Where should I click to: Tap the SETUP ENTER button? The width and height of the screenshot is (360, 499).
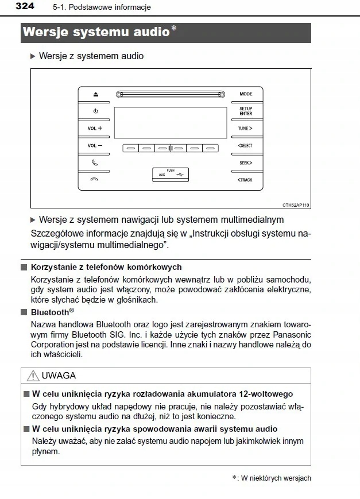(245, 111)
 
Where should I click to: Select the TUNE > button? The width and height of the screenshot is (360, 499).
(245, 129)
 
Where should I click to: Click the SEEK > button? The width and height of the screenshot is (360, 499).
(245, 163)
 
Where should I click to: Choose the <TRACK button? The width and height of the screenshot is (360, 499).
(245, 180)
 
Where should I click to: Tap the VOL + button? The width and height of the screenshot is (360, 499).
(95, 129)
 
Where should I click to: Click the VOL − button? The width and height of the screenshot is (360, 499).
(95, 146)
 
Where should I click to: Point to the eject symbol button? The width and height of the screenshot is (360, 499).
(95, 94)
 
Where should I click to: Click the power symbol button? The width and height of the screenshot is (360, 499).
(95, 111)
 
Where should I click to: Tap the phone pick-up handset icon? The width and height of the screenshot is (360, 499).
(95, 163)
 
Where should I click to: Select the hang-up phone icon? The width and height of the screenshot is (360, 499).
(95, 180)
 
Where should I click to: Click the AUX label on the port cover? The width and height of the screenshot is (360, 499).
(161, 175)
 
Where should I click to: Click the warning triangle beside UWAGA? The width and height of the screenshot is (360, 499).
(32, 376)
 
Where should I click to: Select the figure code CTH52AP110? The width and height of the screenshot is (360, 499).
(296, 204)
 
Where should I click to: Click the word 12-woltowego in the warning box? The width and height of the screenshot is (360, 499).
(267, 394)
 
